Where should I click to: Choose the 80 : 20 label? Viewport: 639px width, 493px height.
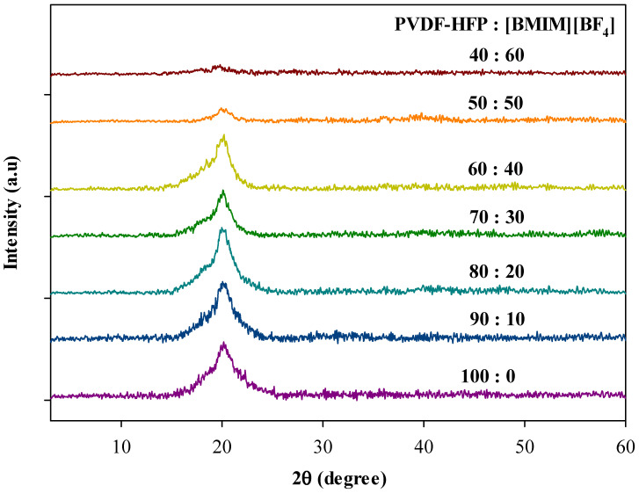click(497, 272)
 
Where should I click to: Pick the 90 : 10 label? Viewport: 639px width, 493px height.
click(497, 321)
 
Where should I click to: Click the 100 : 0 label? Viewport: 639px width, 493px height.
click(488, 377)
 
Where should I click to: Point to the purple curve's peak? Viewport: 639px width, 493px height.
click(223, 344)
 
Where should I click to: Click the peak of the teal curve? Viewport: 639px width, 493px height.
click(222, 228)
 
